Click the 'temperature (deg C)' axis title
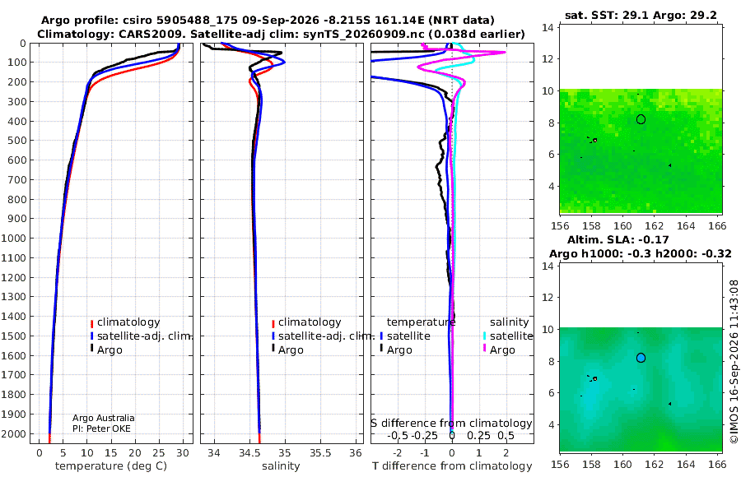[111, 466]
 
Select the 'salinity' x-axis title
[281, 466]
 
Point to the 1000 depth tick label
[13, 238]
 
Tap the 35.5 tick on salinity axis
[320, 453]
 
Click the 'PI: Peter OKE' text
[101, 428]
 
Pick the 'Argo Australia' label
[104, 418]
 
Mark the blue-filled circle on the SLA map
[641, 358]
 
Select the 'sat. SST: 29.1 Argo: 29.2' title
[641, 15]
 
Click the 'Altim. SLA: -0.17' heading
[618, 240]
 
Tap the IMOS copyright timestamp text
[734, 362]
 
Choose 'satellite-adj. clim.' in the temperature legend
[144, 336]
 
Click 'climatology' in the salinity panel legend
[310, 322]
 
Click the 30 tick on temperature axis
[183, 453]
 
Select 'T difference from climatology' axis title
[452, 466]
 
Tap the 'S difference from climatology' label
[451, 424]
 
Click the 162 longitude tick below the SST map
[655, 226]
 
